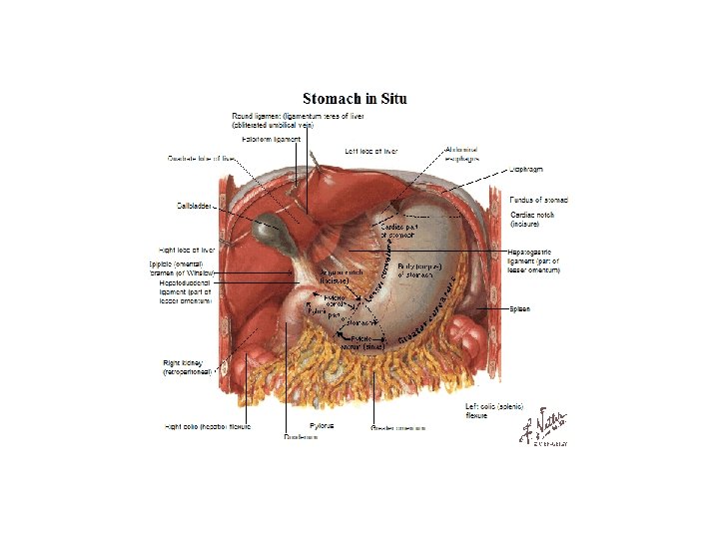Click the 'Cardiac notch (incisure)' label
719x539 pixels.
pos(534,219)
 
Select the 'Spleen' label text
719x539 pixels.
pos(520,309)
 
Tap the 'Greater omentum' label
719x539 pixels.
pos(398,429)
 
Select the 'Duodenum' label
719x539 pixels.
pos(301,436)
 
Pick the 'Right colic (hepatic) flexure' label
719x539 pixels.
pos(207,426)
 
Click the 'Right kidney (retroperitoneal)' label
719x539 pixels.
pos(190,366)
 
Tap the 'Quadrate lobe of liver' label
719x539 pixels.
pos(201,158)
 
